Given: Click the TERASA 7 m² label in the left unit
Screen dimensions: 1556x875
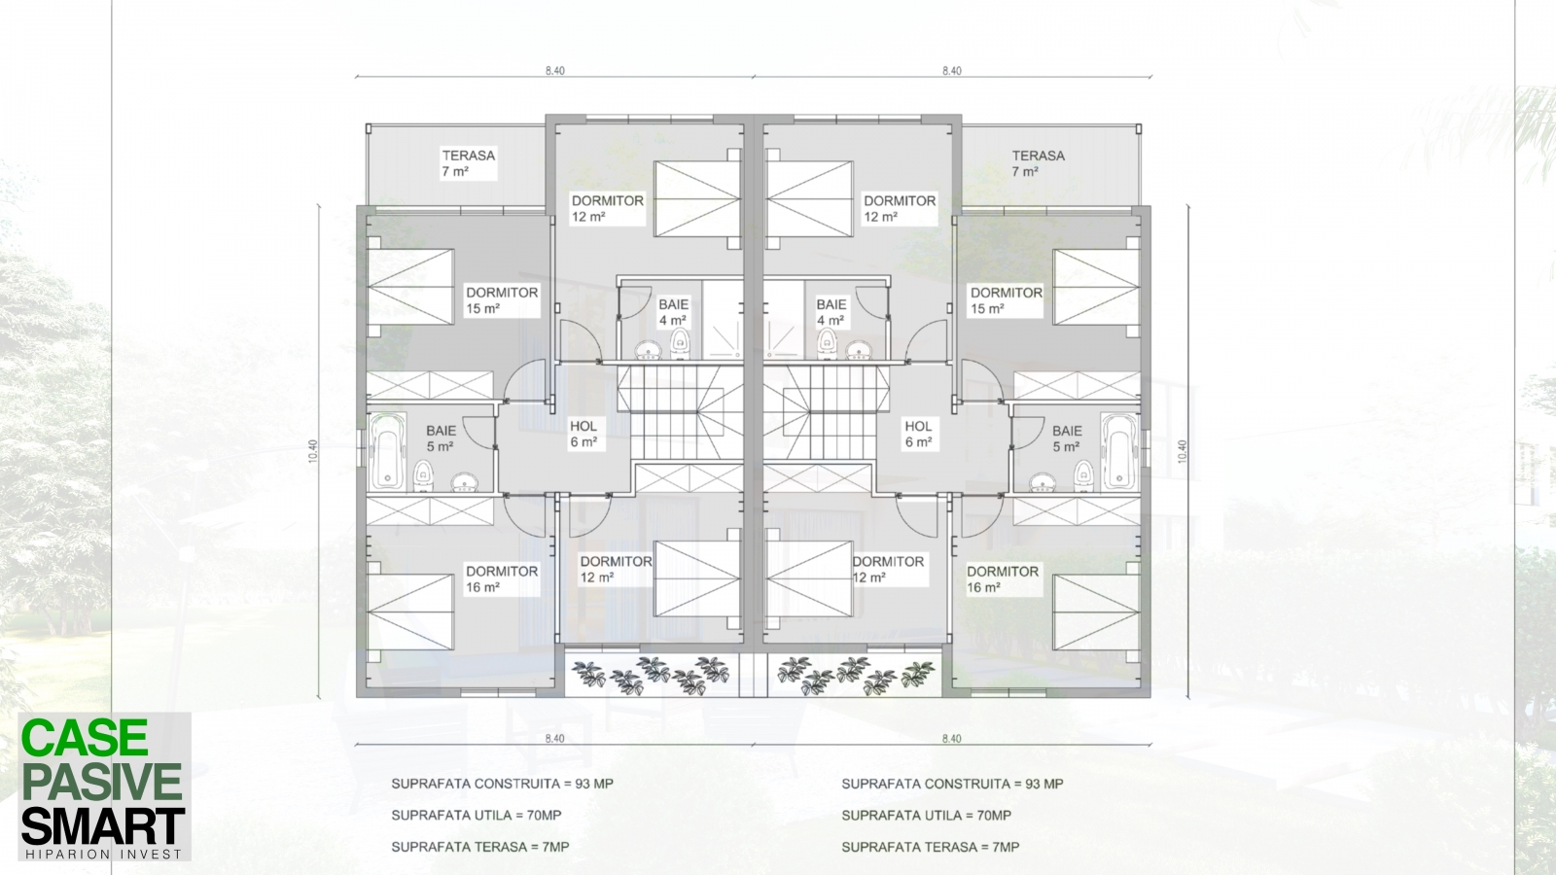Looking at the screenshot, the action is point(468,163).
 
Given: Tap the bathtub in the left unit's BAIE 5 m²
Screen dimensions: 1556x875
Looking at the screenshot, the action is point(387,451).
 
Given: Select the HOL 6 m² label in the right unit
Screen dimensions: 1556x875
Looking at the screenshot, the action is point(918,434).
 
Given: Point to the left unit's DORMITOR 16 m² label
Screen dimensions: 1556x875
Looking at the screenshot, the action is point(502,579).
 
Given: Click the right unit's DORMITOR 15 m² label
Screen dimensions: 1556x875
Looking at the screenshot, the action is point(1006,300).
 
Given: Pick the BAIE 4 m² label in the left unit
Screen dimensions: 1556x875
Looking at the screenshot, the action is point(673,312).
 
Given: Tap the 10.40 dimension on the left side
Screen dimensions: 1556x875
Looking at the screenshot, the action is point(313,451).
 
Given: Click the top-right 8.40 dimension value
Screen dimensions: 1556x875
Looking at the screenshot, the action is point(952,70).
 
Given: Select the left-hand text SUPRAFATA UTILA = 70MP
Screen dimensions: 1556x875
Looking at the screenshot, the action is point(476,816).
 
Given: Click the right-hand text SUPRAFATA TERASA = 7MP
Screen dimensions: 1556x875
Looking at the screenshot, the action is point(930,847).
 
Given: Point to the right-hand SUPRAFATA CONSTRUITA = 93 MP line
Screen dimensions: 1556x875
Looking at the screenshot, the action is point(952,784).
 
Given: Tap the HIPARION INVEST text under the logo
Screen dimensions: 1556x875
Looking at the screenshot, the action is point(103,855).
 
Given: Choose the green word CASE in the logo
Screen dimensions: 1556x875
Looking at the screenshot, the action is point(85,738).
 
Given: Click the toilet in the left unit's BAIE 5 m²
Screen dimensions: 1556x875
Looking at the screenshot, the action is point(422,476).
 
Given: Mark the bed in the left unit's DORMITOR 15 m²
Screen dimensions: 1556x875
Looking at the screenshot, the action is point(409,287).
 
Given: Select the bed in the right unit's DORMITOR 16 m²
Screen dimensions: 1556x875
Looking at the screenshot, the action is point(1096,612).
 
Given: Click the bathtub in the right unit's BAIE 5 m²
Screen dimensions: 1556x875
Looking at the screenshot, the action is point(1119,451).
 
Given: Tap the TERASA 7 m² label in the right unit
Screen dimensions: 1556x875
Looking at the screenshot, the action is point(1038,163).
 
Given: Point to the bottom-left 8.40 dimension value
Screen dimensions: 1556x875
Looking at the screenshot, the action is point(554,738).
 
